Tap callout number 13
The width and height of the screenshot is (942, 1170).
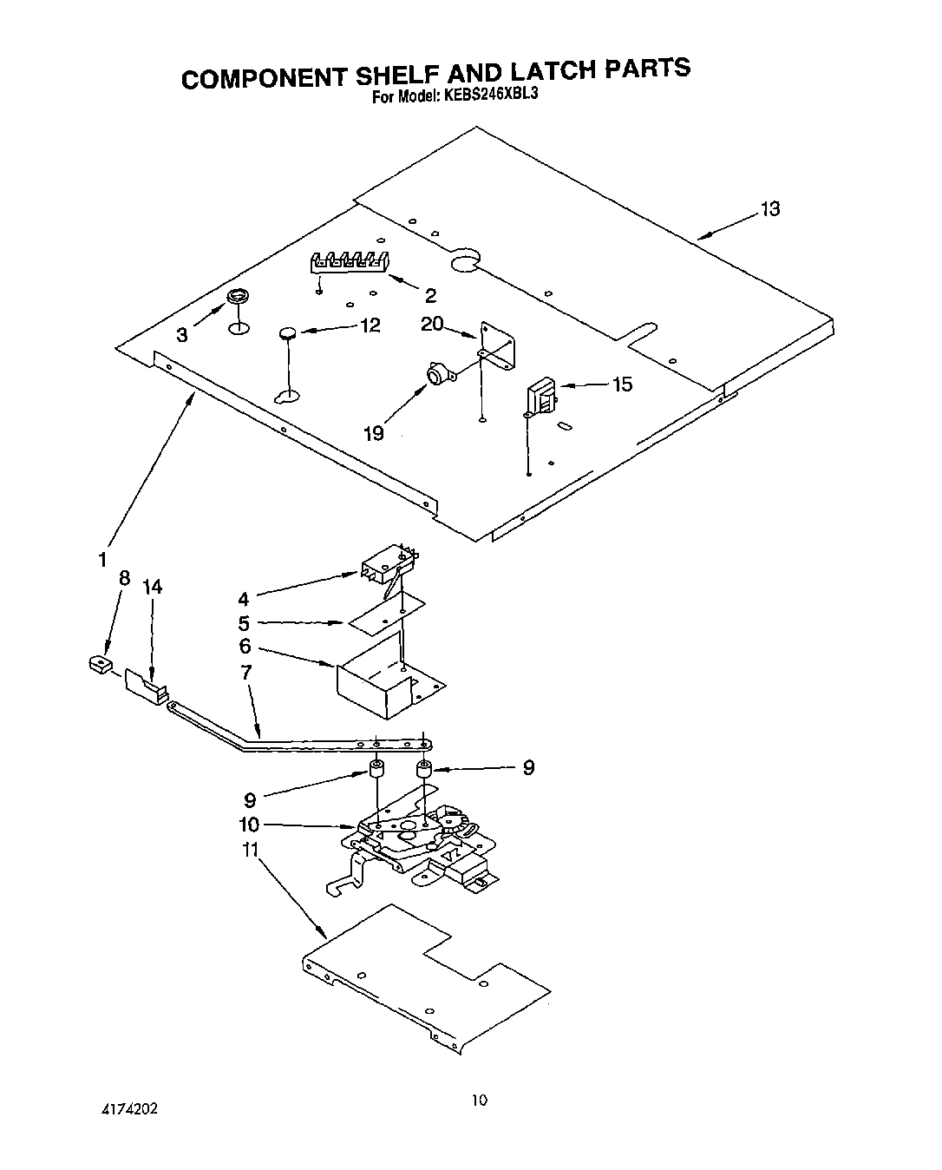coord(769,209)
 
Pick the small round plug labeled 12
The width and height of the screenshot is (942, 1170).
coord(289,332)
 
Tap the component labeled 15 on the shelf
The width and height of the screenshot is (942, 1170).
coord(541,399)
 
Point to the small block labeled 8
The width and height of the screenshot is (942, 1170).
coord(101,665)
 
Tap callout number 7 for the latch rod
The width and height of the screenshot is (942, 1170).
coord(246,672)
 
